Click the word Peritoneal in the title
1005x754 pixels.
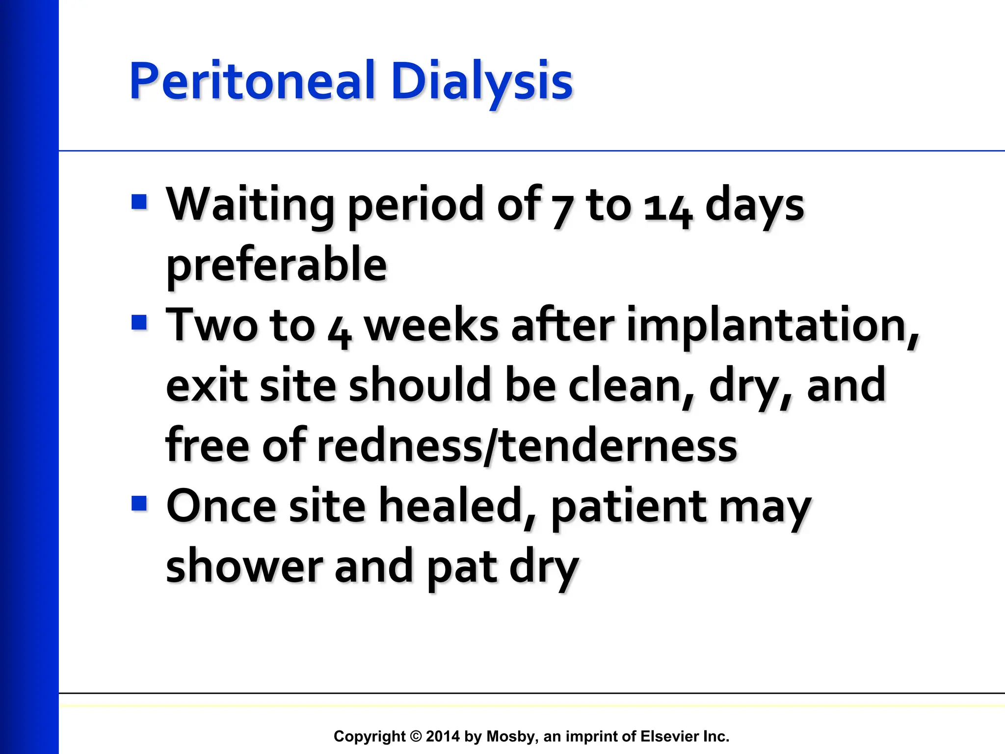click(252, 81)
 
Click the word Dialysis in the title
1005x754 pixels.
click(482, 81)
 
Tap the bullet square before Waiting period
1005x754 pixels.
click(139, 202)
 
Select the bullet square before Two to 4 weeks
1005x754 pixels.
click(139, 323)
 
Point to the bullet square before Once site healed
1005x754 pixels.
click(139, 504)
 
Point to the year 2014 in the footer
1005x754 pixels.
click(443, 736)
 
